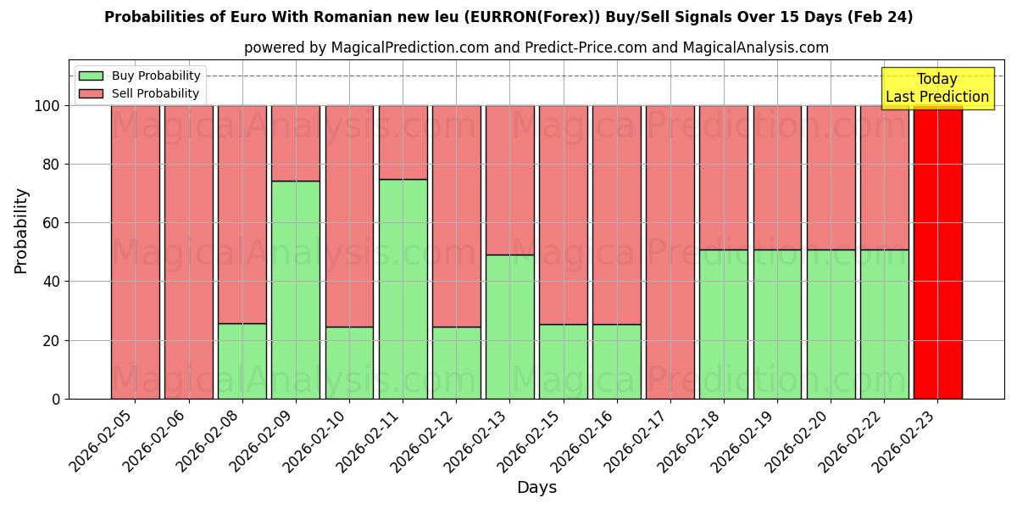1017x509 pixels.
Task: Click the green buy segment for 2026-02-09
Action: (296, 289)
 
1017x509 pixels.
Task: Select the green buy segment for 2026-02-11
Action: (403, 288)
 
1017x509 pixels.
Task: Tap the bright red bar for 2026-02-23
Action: (938, 252)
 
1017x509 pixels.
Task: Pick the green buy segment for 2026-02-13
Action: (510, 327)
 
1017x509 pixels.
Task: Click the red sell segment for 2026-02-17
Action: (670, 252)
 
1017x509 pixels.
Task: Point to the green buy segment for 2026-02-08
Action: (242, 361)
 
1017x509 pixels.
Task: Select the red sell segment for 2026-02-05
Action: (136, 252)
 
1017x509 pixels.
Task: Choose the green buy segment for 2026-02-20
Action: (831, 323)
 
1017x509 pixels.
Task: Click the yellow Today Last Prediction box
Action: (936, 88)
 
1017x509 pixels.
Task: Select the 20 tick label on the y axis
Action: (51, 340)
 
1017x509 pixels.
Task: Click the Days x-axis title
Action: (536, 488)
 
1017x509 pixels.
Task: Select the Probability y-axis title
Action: (21, 231)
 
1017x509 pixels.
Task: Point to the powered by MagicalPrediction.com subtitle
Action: (536, 48)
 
